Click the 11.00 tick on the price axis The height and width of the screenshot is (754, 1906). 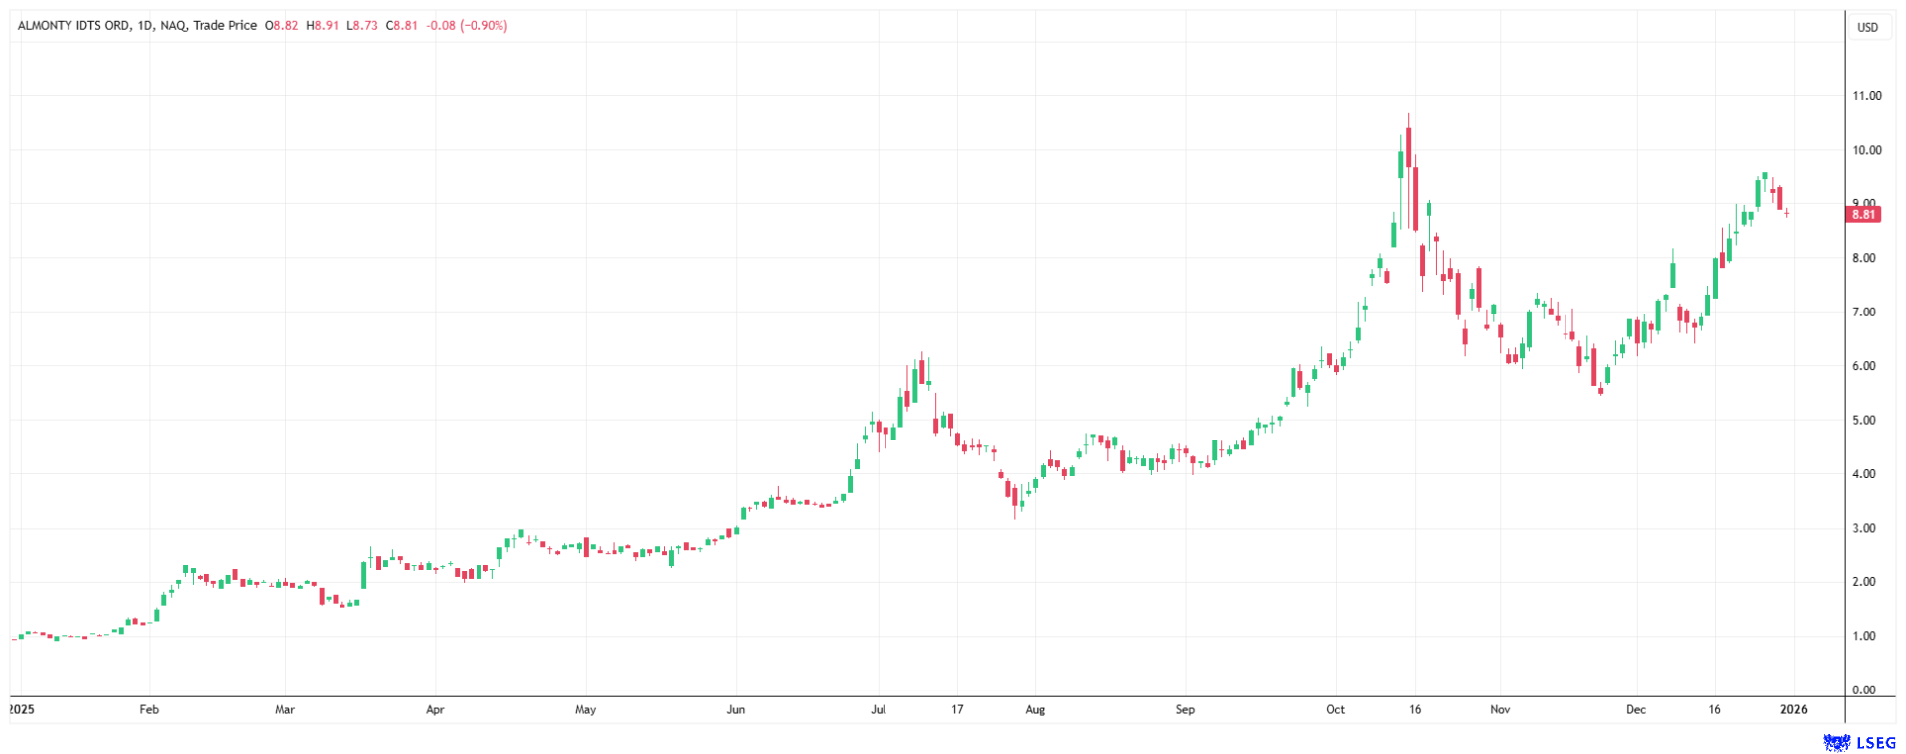pos(1866,96)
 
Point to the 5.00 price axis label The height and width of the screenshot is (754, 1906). pos(1866,421)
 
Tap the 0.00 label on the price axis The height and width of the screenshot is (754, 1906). pos(1866,691)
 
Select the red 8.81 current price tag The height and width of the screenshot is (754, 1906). pos(1864,214)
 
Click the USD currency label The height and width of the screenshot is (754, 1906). pos(1867,28)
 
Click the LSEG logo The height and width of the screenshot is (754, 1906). pos(1859,743)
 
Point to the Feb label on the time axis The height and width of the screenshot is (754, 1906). pos(149,710)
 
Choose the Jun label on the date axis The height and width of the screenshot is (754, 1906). pos(736,710)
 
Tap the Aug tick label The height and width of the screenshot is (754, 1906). pos(1035,710)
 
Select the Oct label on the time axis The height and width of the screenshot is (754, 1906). pos(1335,710)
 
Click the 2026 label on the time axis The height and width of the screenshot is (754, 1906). pos(1793,710)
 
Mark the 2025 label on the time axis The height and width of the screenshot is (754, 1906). pos(21,710)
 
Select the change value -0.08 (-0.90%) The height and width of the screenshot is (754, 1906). pos(467,26)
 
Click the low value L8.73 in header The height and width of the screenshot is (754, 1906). pos(362,26)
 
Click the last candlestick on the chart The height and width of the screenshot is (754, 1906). pos(1787,212)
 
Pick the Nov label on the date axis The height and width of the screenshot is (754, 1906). pos(1500,710)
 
